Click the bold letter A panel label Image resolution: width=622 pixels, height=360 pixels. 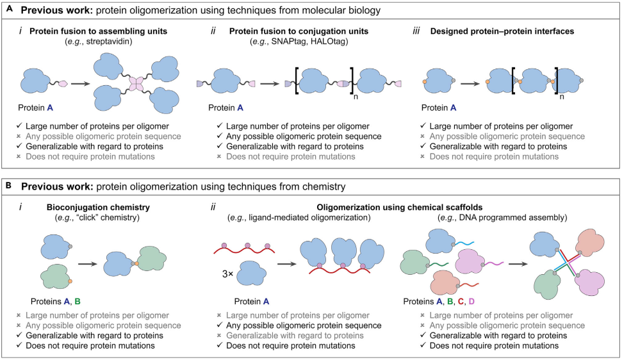[x=10, y=10]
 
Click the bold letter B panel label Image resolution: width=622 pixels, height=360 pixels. [x=10, y=186]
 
